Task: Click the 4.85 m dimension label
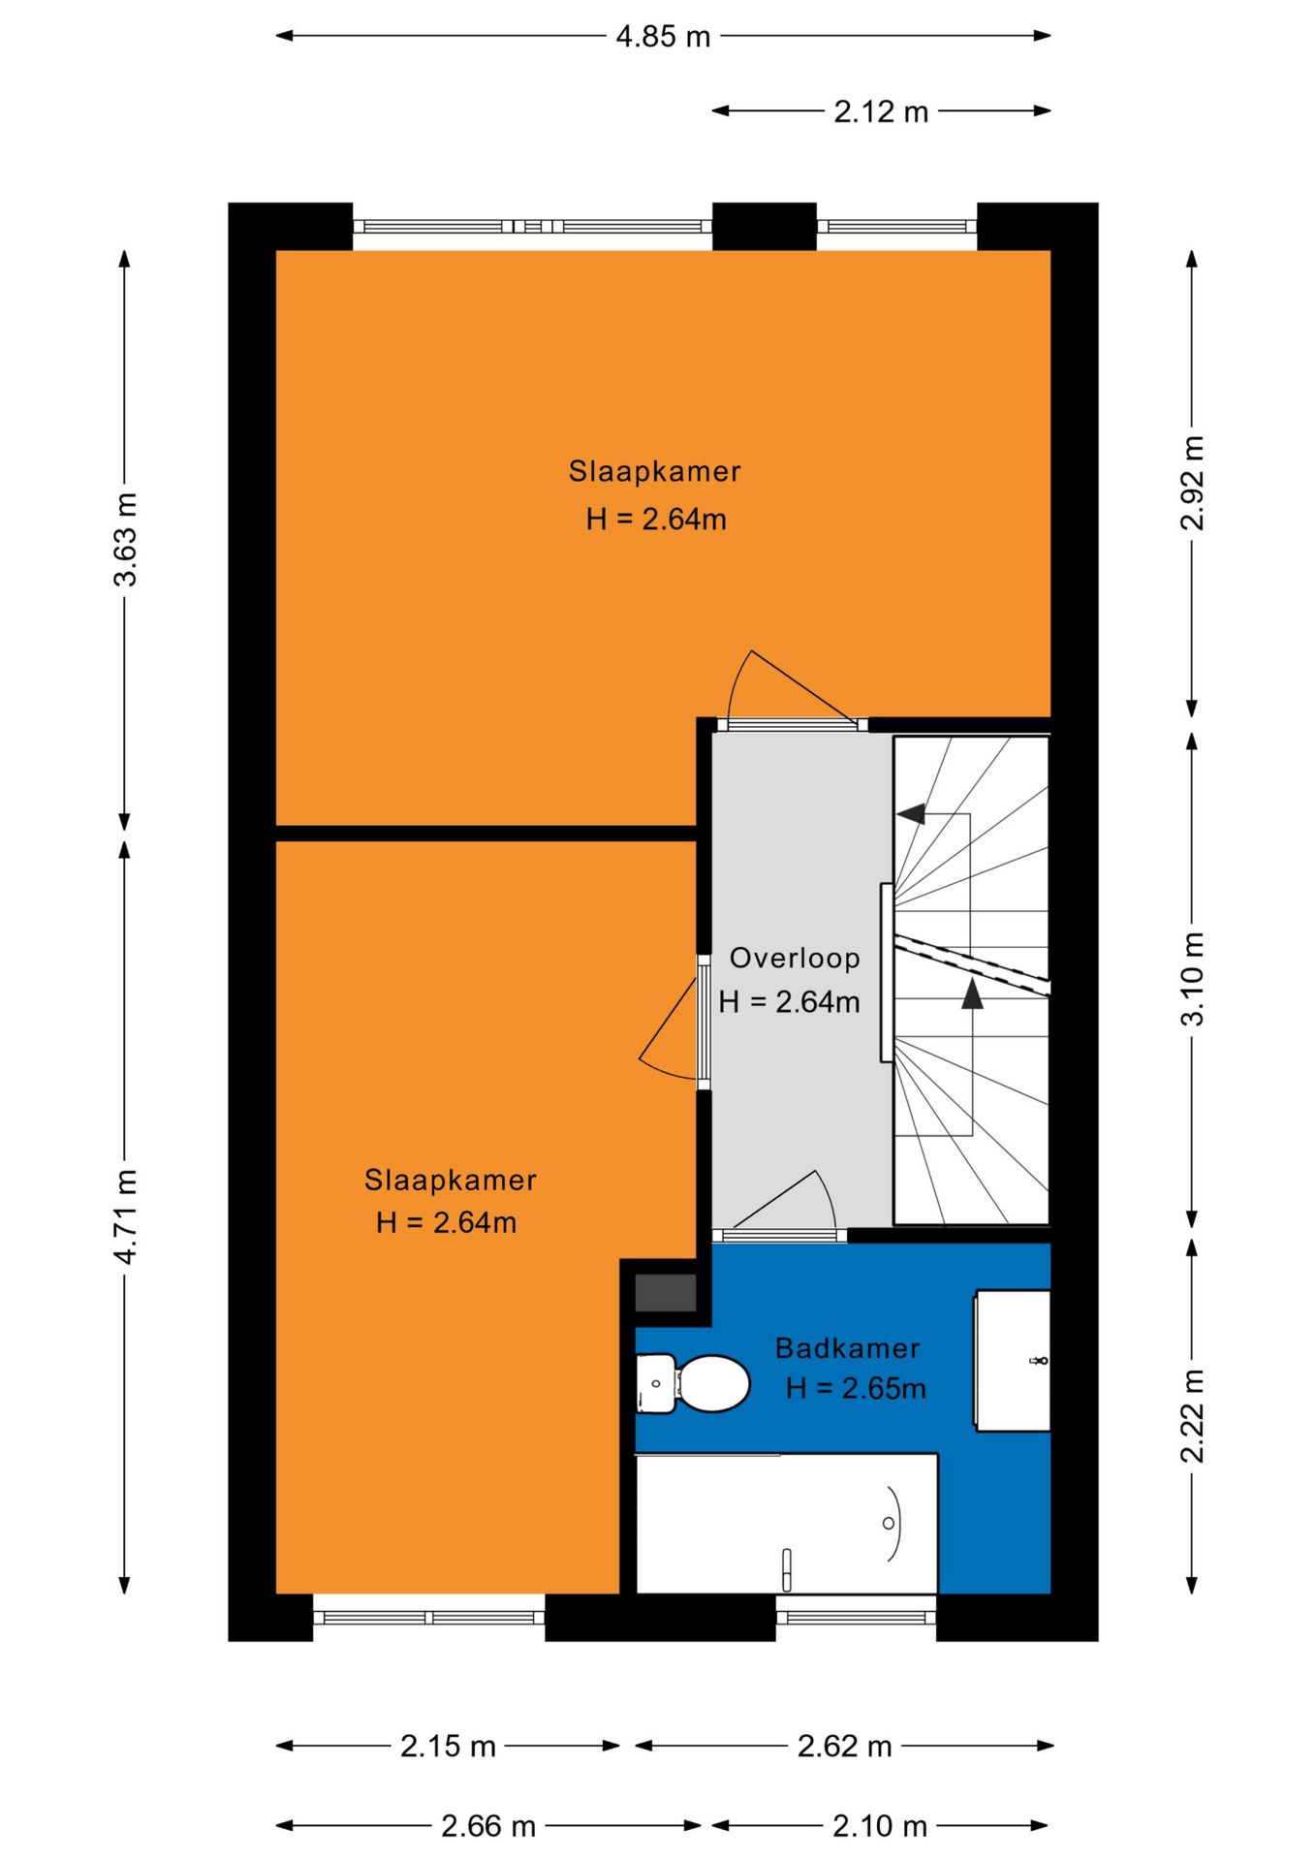pyautogui.click(x=663, y=37)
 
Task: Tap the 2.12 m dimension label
pyautogui.click(x=881, y=112)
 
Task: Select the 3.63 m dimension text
pyautogui.click(x=126, y=539)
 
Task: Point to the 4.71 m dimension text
pyautogui.click(x=126, y=1215)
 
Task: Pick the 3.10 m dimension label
pyautogui.click(x=1193, y=979)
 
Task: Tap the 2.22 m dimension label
pyautogui.click(x=1193, y=1416)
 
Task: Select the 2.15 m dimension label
pyautogui.click(x=448, y=1747)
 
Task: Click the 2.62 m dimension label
pyautogui.click(x=844, y=1747)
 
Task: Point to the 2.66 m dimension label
pyautogui.click(x=488, y=1827)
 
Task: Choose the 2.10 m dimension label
pyautogui.click(x=880, y=1827)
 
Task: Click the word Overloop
pyautogui.click(x=795, y=959)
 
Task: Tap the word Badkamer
pyautogui.click(x=848, y=1348)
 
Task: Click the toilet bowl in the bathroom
pyautogui.click(x=713, y=1383)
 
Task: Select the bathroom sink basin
pyautogui.click(x=1012, y=1360)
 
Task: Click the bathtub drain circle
pyautogui.click(x=889, y=1524)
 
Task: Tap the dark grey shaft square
pyautogui.click(x=666, y=1293)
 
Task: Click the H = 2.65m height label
pyautogui.click(x=856, y=1389)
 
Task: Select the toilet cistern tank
pyautogui.click(x=656, y=1383)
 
